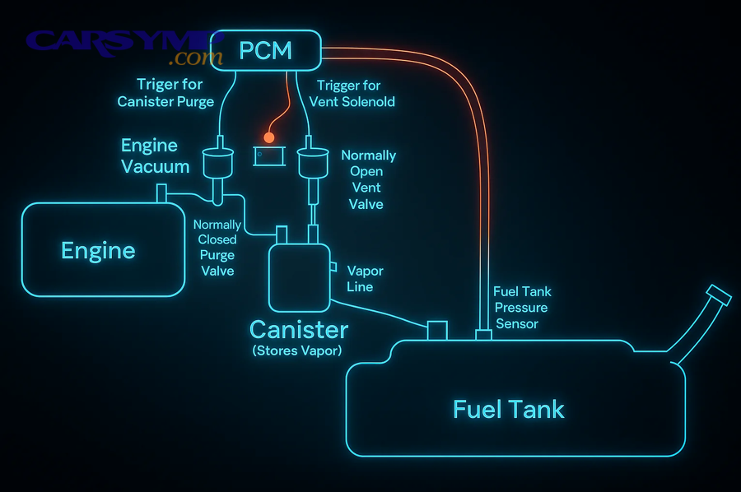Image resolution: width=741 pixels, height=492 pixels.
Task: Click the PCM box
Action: tap(265, 50)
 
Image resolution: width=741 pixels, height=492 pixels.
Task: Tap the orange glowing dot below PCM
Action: tap(268, 137)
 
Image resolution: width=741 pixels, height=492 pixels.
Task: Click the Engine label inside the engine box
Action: tap(98, 250)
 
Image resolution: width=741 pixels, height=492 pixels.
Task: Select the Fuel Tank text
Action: tap(509, 409)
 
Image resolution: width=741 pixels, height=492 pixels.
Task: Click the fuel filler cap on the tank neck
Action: tap(720, 295)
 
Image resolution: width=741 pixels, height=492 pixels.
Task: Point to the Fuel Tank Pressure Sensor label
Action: tap(522, 307)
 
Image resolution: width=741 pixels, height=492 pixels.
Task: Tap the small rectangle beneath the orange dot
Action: tap(268, 155)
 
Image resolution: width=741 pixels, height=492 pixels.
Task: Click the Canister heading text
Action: tap(299, 331)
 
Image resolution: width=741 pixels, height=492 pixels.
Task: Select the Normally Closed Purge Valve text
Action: tap(217, 248)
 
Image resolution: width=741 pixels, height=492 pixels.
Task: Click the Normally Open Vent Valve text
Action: tap(368, 179)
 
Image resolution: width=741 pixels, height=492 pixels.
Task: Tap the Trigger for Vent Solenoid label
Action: tap(352, 94)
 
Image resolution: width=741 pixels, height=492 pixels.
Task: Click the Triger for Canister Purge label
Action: tap(166, 93)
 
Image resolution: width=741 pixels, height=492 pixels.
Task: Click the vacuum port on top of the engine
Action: tap(161, 194)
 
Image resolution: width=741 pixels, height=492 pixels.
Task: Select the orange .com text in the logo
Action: tap(195, 58)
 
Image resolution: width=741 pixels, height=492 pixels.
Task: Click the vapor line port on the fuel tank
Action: tap(436, 330)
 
